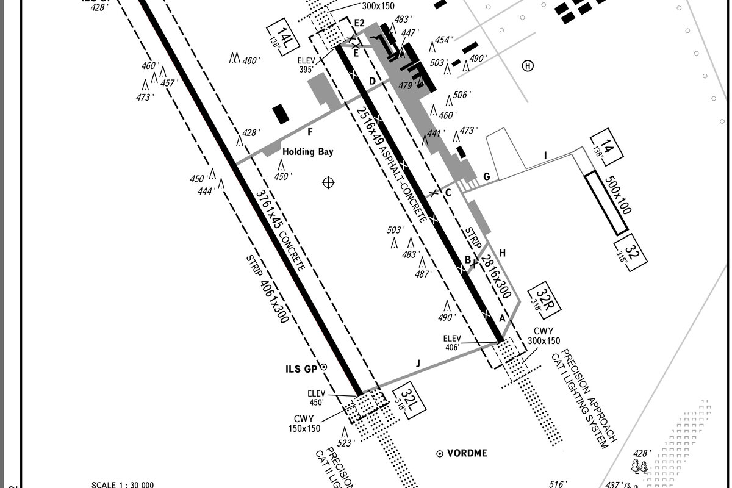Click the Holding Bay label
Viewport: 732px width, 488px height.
pyautogui.click(x=307, y=152)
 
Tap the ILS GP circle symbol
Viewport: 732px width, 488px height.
pyautogui.click(x=324, y=367)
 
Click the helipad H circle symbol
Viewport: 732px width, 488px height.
pyautogui.click(x=528, y=66)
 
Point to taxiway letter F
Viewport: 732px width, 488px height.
pyautogui.click(x=310, y=132)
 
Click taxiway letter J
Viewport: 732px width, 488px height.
pyautogui.click(x=418, y=364)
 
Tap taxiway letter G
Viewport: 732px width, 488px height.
pyautogui.click(x=487, y=177)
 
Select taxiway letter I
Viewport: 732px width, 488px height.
pyautogui.click(x=546, y=156)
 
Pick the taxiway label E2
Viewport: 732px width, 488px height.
pyautogui.click(x=359, y=23)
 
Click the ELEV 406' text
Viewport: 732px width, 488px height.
pyautogui.click(x=453, y=342)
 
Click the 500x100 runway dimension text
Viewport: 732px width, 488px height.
pyautogui.click(x=617, y=195)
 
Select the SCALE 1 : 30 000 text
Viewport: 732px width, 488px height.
pyautogui.click(x=123, y=485)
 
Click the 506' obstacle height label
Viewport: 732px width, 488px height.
pyautogui.click(x=460, y=95)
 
